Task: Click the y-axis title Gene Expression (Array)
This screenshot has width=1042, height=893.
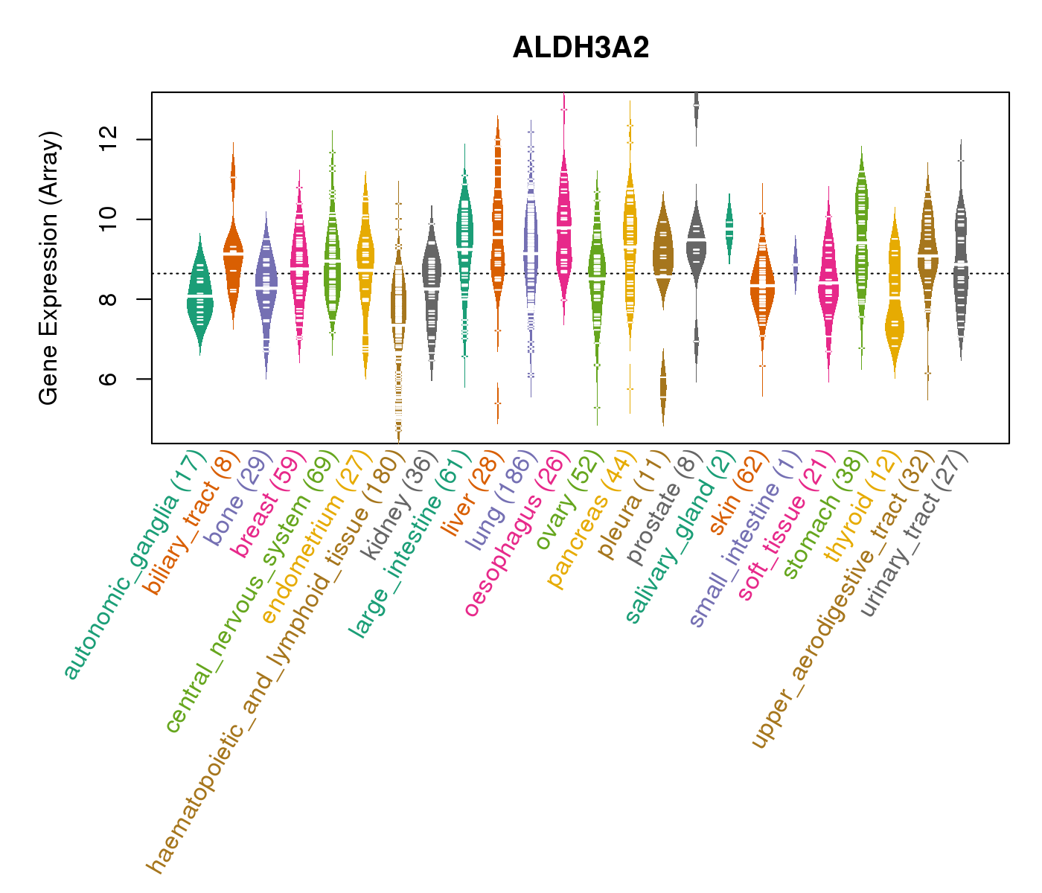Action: (x=49, y=268)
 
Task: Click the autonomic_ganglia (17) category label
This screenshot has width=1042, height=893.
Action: (x=134, y=566)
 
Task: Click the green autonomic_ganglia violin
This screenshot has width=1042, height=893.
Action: (x=199, y=298)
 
